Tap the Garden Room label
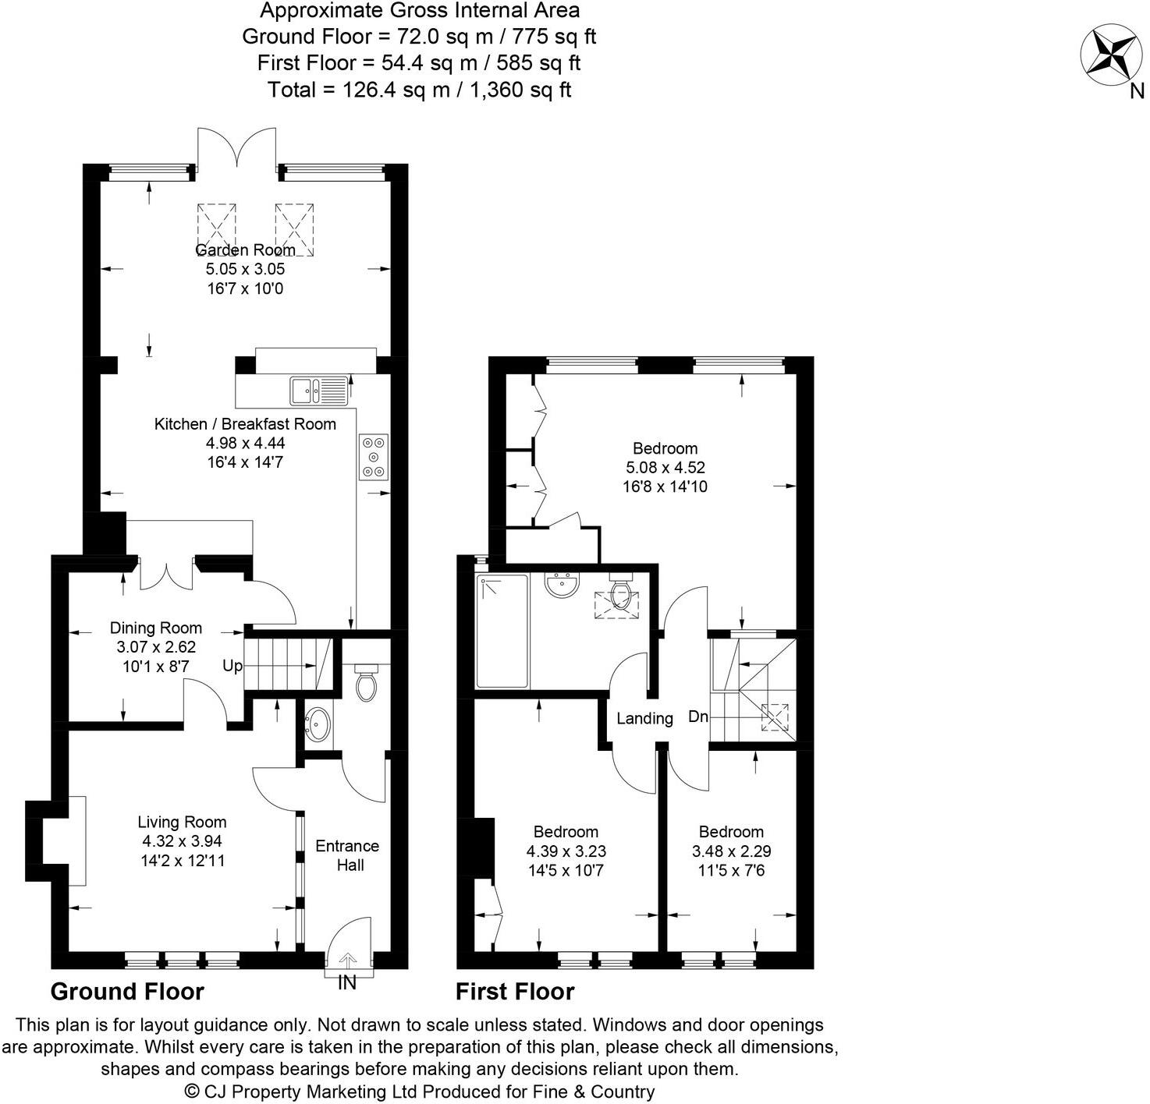[245, 250]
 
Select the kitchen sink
[319, 391]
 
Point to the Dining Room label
[155, 628]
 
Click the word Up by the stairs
[232, 666]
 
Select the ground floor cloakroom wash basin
[318, 725]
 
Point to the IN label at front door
[347, 983]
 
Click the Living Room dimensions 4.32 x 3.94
[182, 841]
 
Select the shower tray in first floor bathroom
[502, 631]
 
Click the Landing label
[644, 718]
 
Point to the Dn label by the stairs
[698, 717]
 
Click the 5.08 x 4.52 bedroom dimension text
[666, 468]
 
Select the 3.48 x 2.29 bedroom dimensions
[731, 851]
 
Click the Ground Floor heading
[127, 992]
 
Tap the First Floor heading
[515, 992]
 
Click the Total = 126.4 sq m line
[419, 90]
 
